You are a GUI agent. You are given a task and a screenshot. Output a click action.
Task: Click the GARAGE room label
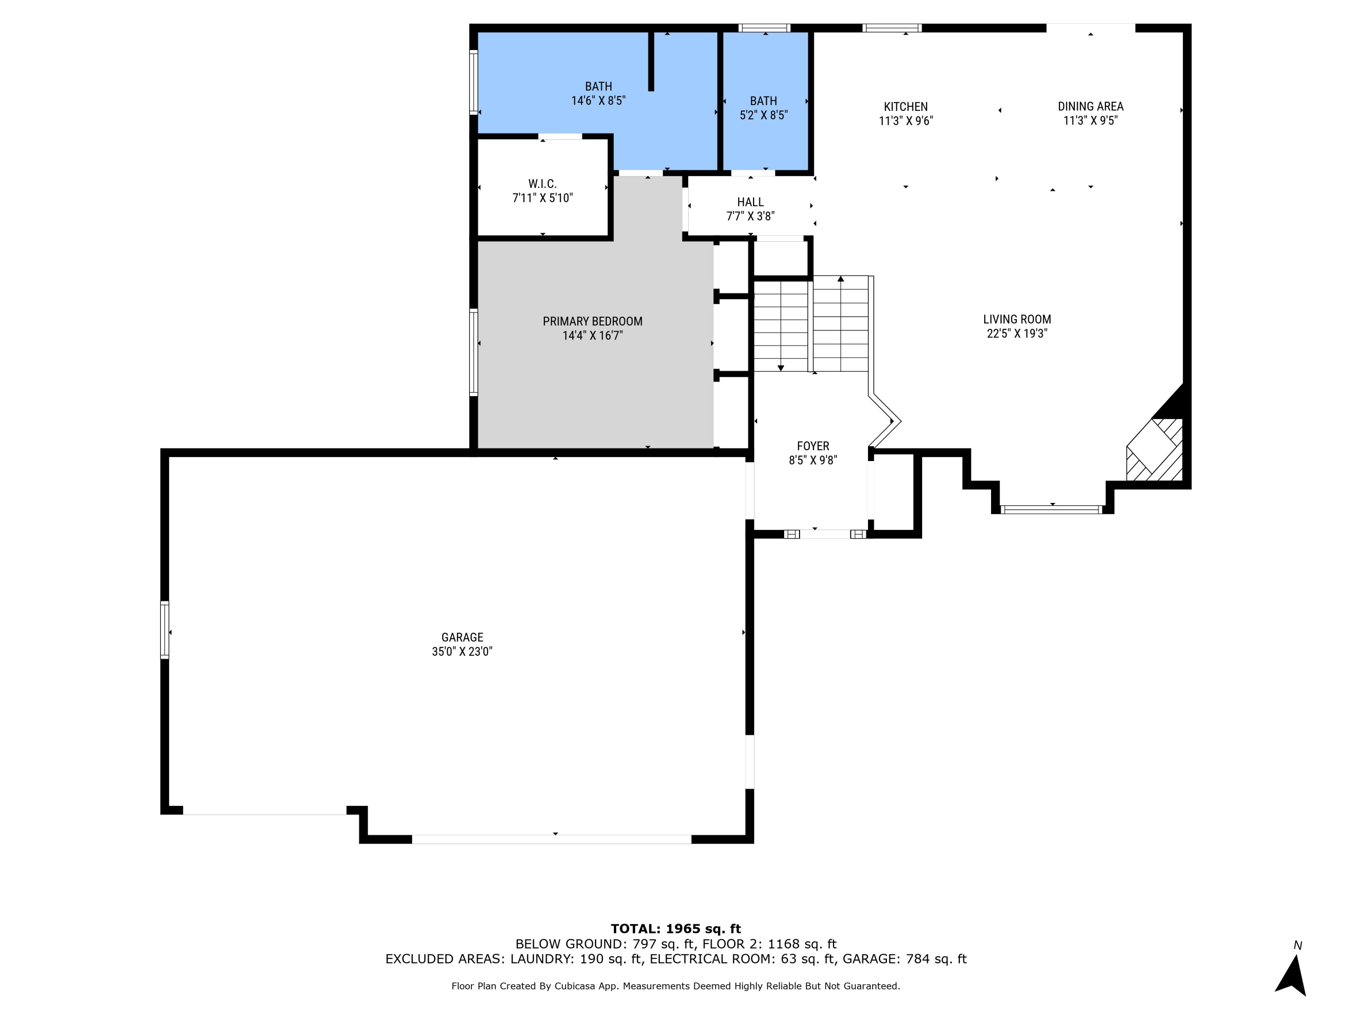click(x=462, y=637)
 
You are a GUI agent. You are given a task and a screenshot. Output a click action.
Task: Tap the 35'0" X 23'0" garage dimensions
click(x=462, y=652)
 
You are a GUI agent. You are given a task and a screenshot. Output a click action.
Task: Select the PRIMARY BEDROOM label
click(x=592, y=321)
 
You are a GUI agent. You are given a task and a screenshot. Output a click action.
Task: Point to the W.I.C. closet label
click(x=542, y=183)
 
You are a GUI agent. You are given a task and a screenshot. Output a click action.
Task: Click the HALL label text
click(x=750, y=202)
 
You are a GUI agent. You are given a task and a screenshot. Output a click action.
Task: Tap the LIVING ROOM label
click(x=1016, y=319)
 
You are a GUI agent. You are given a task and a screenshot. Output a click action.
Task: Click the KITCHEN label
click(x=905, y=106)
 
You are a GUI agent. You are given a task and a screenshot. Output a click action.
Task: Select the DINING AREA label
click(x=1091, y=106)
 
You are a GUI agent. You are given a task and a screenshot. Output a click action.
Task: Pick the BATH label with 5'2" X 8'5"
click(x=763, y=101)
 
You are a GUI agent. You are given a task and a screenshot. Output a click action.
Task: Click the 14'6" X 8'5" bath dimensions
click(x=598, y=101)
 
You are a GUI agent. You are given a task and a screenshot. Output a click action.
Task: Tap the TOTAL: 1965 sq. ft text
click(x=676, y=929)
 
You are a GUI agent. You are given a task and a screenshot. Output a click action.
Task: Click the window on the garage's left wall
click(x=164, y=630)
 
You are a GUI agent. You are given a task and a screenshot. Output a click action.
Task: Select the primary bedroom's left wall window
click(x=473, y=352)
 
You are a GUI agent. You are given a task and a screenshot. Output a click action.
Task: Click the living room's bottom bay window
click(x=1051, y=509)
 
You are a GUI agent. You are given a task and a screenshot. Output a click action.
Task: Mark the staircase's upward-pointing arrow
click(x=840, y=279)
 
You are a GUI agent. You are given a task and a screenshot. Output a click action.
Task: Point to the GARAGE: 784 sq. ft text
click(x=904, y=959)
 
